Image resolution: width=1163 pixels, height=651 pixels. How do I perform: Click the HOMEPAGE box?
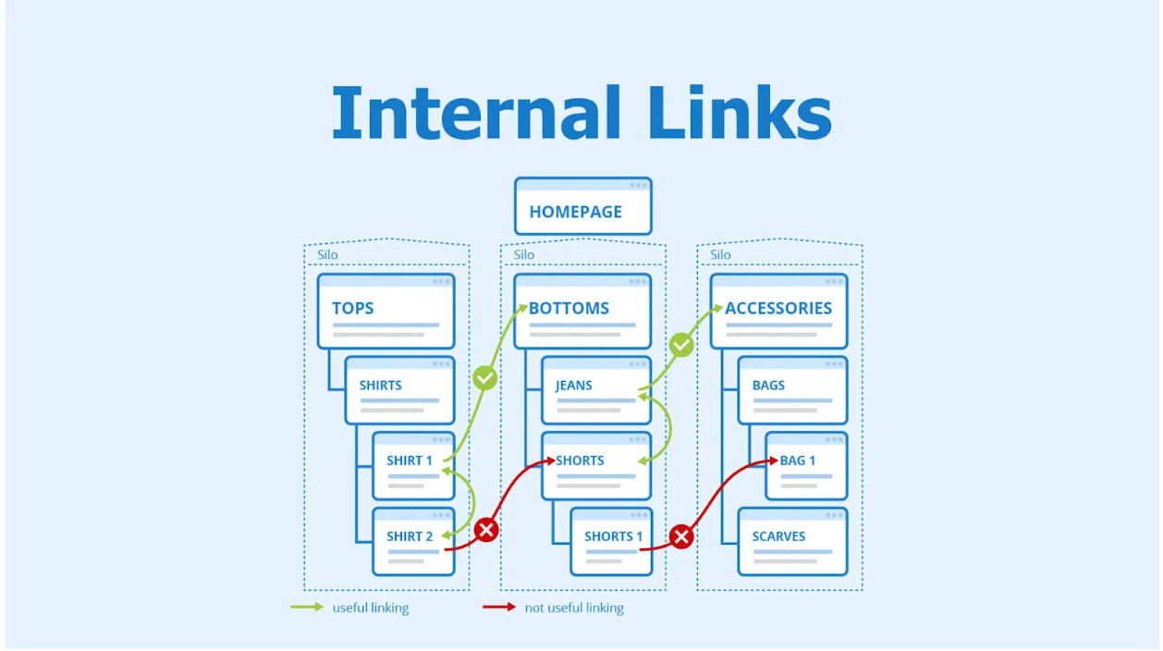tap(582, 207)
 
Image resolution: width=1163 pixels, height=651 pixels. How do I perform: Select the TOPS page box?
tap(386, 312)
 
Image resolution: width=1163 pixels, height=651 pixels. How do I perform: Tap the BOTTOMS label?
tap(569, 308)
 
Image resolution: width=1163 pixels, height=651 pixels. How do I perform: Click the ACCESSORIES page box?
tap(778, 312)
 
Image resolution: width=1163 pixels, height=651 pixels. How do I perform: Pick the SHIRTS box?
tap(399, 390)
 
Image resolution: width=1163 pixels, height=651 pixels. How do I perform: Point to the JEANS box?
tap(595, 390)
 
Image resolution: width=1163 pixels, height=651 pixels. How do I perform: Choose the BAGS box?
tap(792, 390)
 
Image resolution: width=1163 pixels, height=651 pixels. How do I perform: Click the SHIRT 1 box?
tap(413, 466)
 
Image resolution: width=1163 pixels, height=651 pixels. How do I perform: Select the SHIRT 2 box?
tap(413, 542)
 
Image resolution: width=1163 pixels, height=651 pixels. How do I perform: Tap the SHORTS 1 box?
tap(610, 542)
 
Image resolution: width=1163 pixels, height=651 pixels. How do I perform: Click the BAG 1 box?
tap(806, 466)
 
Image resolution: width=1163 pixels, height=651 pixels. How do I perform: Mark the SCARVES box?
tap(792, 542)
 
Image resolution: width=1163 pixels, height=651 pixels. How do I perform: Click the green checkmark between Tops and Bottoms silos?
tap(484, 377)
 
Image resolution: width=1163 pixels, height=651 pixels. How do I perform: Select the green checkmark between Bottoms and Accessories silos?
tap(681, 345)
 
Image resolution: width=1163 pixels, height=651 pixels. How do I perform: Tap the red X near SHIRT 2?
tap(485, 530)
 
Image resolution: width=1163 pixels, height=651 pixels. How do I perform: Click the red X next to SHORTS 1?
tap(681, 536)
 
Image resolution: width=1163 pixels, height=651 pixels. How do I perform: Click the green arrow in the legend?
tap(307, 608)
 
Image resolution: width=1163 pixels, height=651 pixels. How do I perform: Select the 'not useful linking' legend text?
tap(573, 608)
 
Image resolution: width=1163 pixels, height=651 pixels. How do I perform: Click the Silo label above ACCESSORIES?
tap(720, 254)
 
